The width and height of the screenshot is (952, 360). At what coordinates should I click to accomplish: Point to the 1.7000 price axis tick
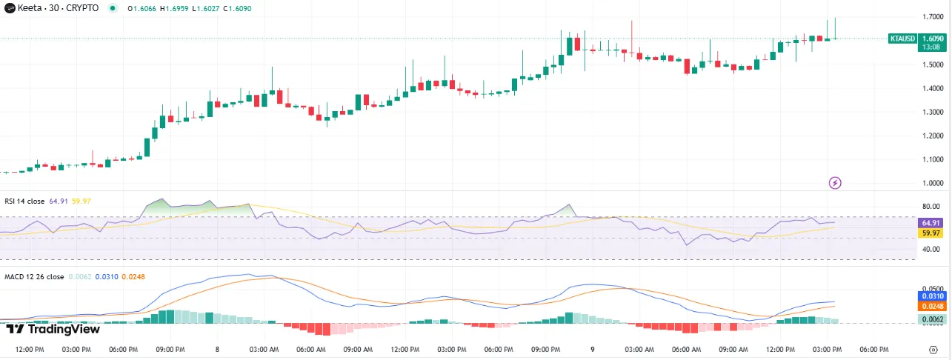933,17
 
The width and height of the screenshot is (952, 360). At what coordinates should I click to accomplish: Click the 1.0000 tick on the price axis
933,183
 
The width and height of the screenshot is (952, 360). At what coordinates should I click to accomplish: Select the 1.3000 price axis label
933,112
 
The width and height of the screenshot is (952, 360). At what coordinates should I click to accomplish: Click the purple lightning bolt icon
835,182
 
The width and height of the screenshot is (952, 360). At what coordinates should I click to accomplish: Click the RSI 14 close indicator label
25,201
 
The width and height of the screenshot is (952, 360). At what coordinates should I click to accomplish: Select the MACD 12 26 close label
34,276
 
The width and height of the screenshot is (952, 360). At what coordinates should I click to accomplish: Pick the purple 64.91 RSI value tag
931,222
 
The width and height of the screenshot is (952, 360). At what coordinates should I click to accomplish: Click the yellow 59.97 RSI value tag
931,233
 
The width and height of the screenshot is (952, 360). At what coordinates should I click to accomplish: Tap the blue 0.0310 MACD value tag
931,296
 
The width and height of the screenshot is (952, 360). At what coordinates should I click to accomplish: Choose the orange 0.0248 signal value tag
931,306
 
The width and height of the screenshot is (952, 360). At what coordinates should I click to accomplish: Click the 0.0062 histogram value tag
931,319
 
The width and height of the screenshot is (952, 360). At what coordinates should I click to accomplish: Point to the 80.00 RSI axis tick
932,207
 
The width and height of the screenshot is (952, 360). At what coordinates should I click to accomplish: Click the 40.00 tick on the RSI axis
932,249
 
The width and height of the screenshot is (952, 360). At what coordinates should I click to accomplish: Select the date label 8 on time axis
217,349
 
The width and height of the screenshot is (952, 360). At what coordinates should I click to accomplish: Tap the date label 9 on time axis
592,349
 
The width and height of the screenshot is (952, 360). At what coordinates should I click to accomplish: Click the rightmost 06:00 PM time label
873,349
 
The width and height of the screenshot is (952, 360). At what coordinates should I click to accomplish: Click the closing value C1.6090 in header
222,8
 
